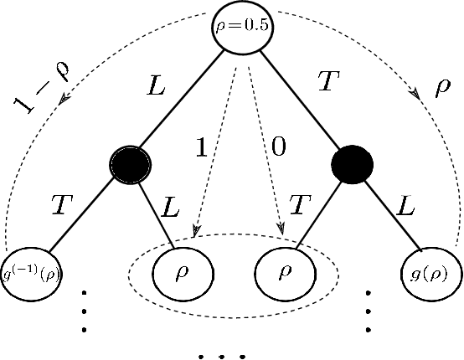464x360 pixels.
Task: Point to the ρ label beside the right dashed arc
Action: (441, 89)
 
